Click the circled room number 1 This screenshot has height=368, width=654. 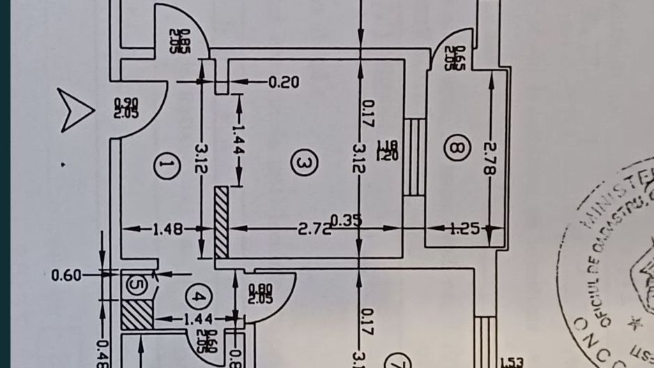pos(165,166)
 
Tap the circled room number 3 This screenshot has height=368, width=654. pos(304,163)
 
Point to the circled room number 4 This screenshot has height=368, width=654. pos(198,298)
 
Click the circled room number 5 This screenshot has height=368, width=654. pos(135,284)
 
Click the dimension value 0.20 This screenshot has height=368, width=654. pos(284,82)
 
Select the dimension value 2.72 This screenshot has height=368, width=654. pos(314,228)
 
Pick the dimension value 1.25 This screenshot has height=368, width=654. pos(464,228)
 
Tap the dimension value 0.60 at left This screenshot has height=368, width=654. pos(66,275)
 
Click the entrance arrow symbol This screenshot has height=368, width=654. pos(75,110)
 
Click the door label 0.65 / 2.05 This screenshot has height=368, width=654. pos(458,57)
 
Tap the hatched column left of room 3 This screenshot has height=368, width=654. pos(221,222)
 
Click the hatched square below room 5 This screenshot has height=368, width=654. pos(137,314)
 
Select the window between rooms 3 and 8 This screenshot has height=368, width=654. pos(414,157)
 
